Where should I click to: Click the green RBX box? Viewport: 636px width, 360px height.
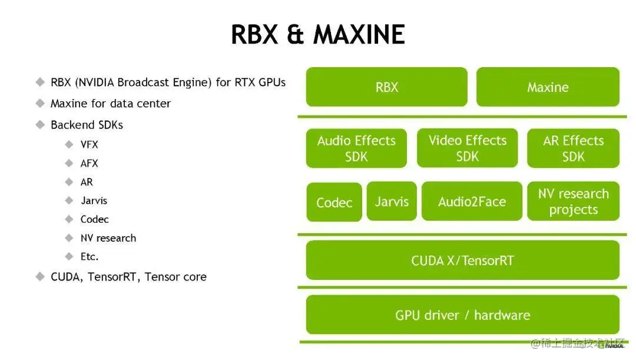click(x=386, y=87)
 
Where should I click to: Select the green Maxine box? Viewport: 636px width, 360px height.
click(x=548, y=87)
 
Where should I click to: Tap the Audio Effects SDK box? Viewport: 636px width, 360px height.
click(x=356, y=148)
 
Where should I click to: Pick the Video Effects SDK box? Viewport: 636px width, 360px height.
click(x=467, y=148)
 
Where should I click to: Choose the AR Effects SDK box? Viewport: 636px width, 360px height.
click(x=573, y=148)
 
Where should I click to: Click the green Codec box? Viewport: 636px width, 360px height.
click(x=334, y=203)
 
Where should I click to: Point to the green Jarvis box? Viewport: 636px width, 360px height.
click(x=392, y=202)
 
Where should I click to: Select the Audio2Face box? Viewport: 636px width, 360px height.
click(x=472, y=202)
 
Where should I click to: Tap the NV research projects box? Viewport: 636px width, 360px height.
click(x=573, y=202)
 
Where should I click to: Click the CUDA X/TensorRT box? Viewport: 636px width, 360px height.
click(x=462, y=260)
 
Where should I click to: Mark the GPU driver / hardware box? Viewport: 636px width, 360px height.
click(x=462, y=315)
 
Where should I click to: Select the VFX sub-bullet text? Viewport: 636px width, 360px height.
click(x=90, y=144)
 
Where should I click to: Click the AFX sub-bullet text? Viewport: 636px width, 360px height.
click(x=90, y=163)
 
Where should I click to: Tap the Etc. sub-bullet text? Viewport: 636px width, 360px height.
click(x=90, y=256)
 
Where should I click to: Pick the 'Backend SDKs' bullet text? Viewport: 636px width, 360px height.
click(x=87, y=125)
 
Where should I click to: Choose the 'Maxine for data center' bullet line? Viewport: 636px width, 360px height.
click(x=110, y=104)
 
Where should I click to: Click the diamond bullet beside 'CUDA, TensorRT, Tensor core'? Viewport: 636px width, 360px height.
click(x=40, y=276)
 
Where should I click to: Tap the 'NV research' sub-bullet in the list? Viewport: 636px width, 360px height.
click(x=108, y=238)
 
